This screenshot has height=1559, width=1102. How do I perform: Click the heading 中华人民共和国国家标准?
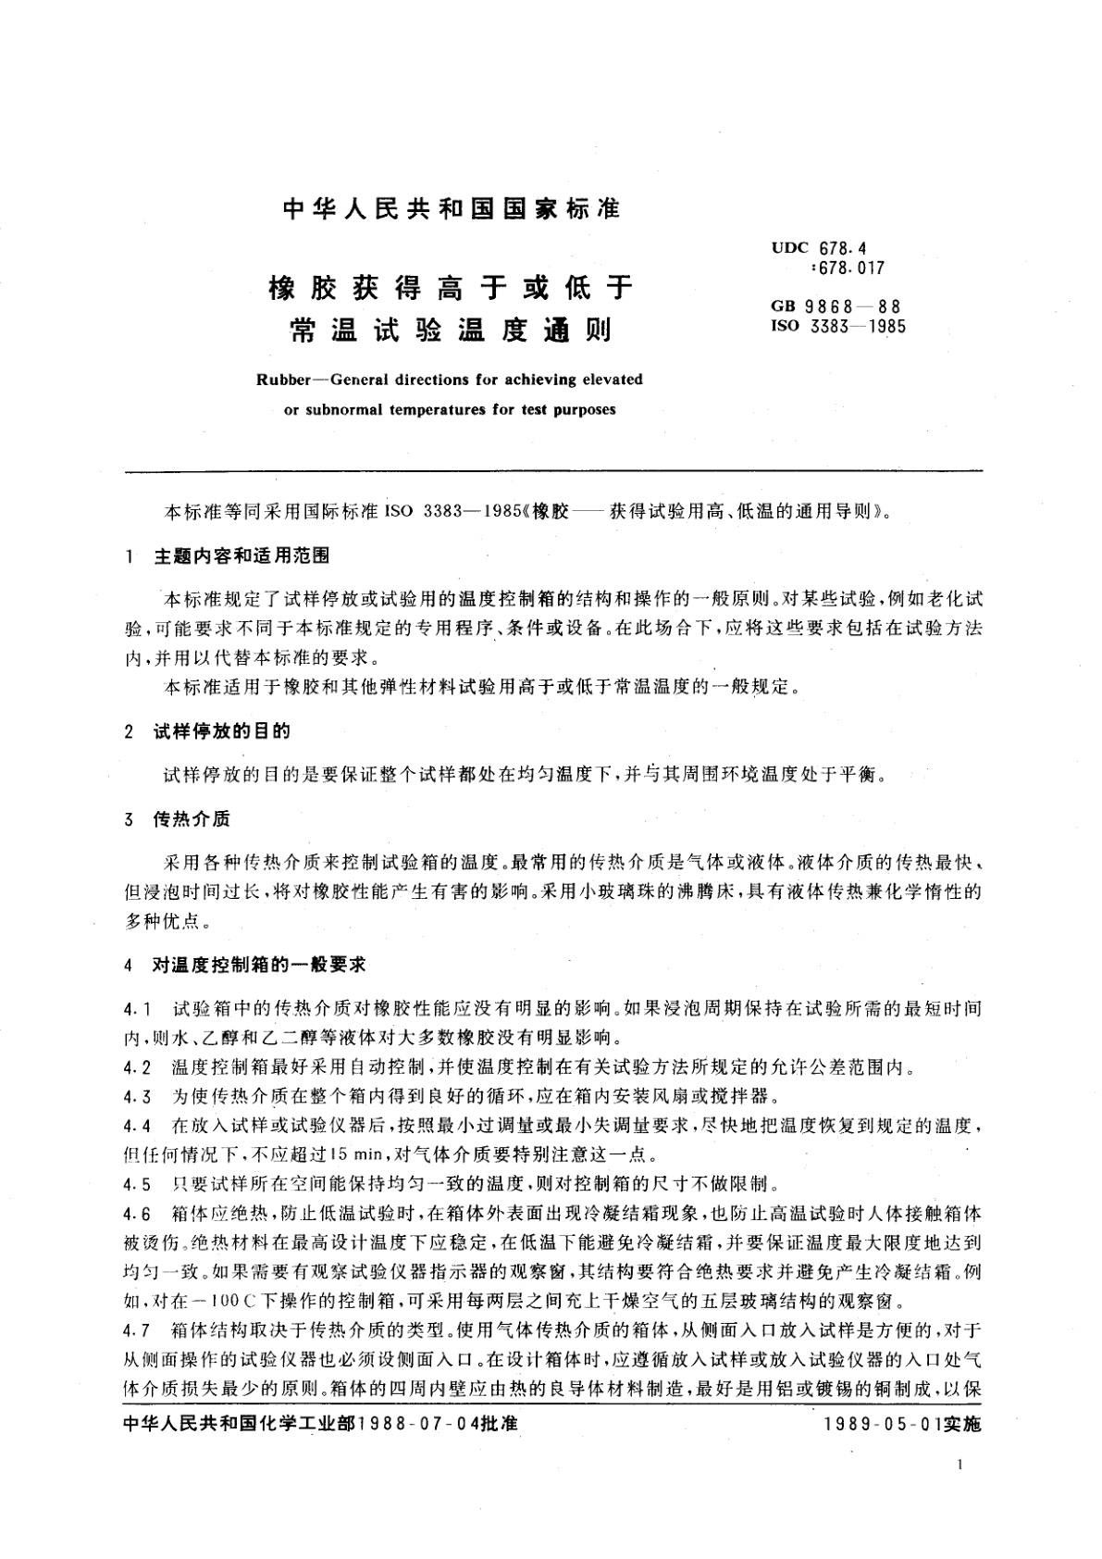(451, 210)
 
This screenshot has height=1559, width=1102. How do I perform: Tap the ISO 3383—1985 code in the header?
(840, 326)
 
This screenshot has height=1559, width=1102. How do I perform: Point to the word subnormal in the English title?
(345, 408)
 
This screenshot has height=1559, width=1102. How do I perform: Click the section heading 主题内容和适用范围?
(242, 556)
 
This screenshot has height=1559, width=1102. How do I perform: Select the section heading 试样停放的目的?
(222, 731)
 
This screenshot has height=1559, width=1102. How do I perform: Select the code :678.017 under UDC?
(848, 268)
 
